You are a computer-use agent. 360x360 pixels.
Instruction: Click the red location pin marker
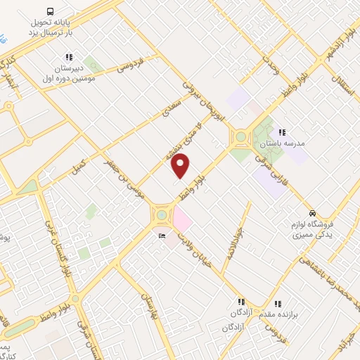[x=181, y=165]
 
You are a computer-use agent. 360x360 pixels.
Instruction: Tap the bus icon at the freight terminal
[x=49, y=11]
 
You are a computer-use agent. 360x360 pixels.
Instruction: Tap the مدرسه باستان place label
[x=284, y=143]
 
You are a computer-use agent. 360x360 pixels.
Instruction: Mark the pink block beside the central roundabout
[x=182, y=219]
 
